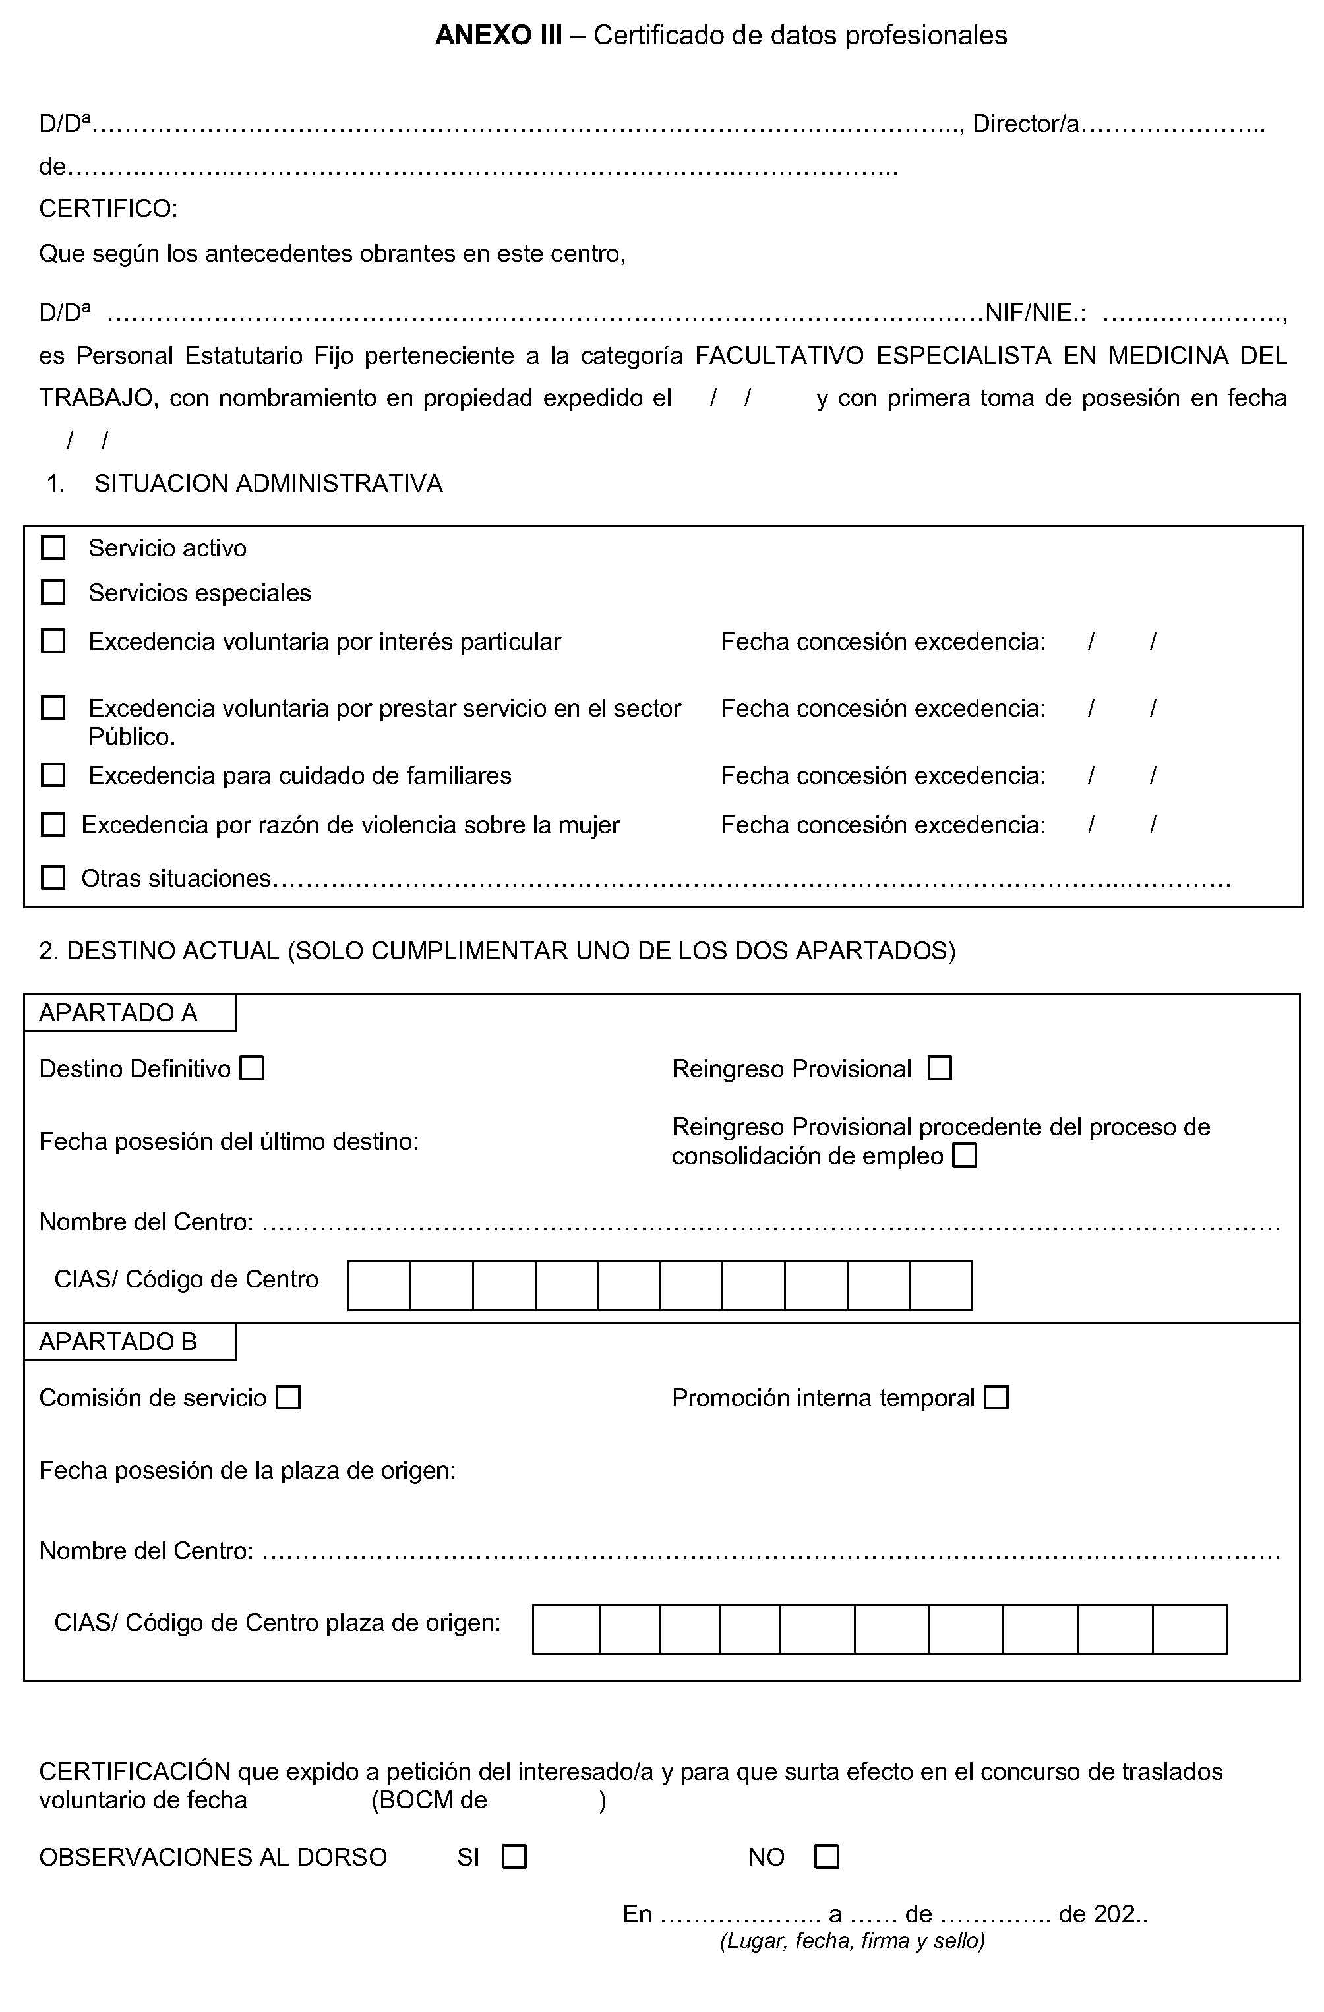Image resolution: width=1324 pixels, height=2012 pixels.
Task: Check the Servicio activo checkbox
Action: [53, 548]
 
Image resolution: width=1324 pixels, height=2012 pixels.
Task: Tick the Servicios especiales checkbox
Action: [53, 592]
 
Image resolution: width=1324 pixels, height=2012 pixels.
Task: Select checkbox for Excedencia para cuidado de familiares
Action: [53, 775]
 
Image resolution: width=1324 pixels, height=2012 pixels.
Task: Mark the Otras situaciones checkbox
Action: [53, 877]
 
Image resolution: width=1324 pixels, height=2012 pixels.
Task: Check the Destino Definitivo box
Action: [252, 1069]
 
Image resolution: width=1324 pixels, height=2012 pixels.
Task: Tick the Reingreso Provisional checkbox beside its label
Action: [940, 1069]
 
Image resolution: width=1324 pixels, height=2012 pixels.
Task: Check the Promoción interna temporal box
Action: [997, 1398]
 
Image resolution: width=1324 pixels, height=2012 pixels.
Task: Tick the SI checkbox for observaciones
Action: [514, 1856]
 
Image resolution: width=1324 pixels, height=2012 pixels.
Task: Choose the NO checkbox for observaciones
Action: [826, 1856]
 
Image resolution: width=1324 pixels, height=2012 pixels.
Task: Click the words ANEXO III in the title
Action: [498, 36]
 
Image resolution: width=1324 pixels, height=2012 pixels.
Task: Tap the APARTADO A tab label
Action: [119, 1013]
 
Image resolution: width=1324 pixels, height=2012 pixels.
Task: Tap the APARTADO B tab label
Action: [119, 1342]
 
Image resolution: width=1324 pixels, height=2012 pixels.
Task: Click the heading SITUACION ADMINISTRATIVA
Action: [268, 484]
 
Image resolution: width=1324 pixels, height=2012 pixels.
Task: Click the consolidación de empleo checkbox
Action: [965, 1155]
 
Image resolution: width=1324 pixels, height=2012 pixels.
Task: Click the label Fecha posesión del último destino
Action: [229, 1142]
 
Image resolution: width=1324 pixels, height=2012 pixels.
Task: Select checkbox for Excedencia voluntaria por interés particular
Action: [53, 641]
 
